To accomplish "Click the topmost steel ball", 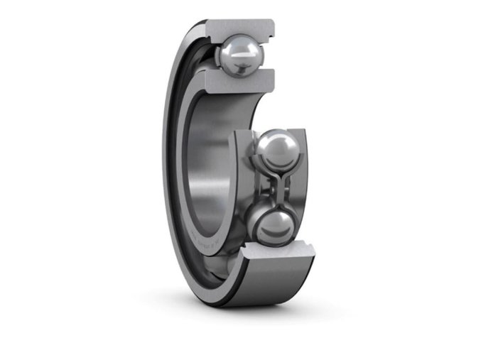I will [240, 55].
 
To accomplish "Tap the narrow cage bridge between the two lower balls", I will [273, 189].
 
